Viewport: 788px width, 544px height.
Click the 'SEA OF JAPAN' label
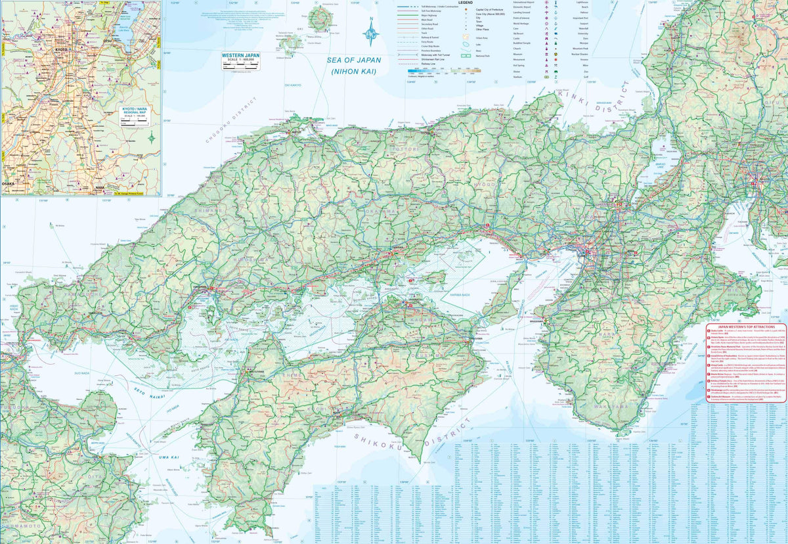pyautogui.click(x=354, y=60)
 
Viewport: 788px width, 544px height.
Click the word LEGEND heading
pyautogui.click(x=465, y=3)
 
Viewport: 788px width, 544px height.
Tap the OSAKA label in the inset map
pyautogui.click(x=9, y=184)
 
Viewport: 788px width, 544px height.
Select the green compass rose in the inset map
pyautogui.click(x=152, y=139)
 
